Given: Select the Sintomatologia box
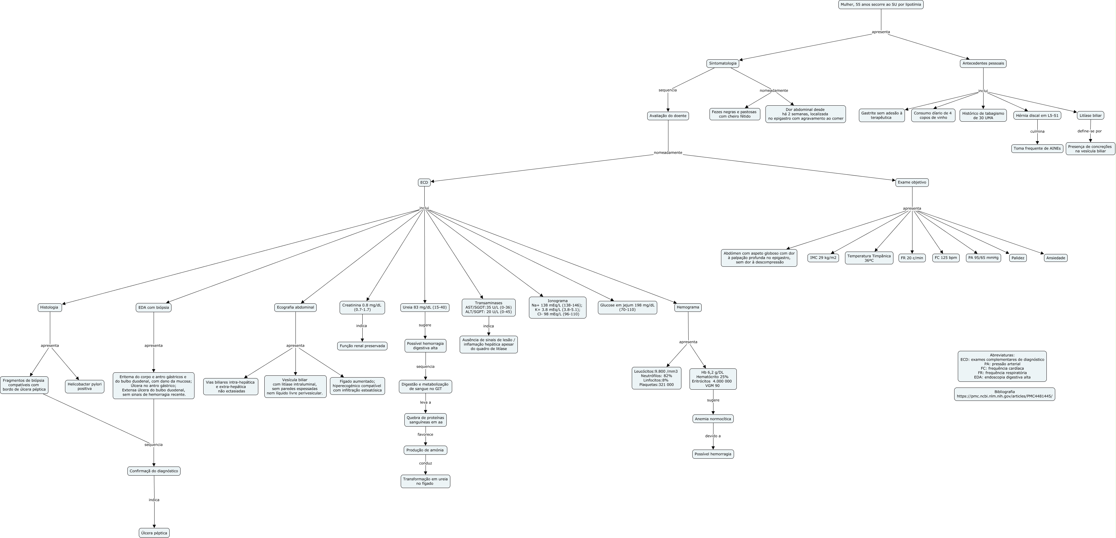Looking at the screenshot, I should point(723,63).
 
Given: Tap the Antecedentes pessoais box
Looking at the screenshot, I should point(983,63).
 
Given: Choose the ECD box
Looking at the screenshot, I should point(424,183).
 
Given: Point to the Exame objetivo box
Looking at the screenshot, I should point(912,183).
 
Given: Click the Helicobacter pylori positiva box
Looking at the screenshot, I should point(84,386).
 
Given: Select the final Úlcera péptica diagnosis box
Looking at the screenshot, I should point(154,533).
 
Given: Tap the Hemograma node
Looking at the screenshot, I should point(687,307).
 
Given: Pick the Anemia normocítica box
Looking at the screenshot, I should point(713,419).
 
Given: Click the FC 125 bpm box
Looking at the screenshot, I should point(946,258).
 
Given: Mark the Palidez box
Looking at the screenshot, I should point(1018,258).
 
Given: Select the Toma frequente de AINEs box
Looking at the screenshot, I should point(1037,148).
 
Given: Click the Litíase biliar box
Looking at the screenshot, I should point(1090,115).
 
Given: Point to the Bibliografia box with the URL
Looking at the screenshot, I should point(1004,394).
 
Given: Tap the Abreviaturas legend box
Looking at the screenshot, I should point(1002,366).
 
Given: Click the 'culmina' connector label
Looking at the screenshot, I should point(1037,131).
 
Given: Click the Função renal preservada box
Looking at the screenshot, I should point(362,346).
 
